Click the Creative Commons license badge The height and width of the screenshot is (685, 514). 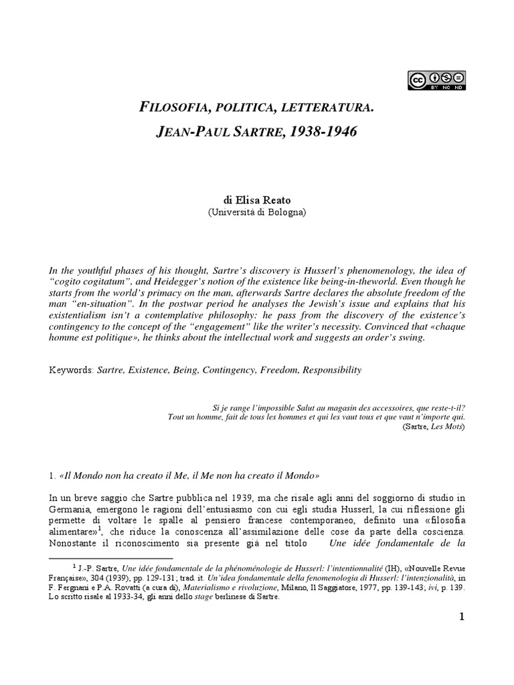[x=436, y=80]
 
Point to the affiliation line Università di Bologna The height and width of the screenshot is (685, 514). [x=257, y=212]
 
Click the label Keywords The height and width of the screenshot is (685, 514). [x=71, y=369]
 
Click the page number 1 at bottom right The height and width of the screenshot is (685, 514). [x=461, y=616]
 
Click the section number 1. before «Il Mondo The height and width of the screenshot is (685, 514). [x=53, y=476]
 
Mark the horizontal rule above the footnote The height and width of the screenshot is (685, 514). [x=110, y=557]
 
